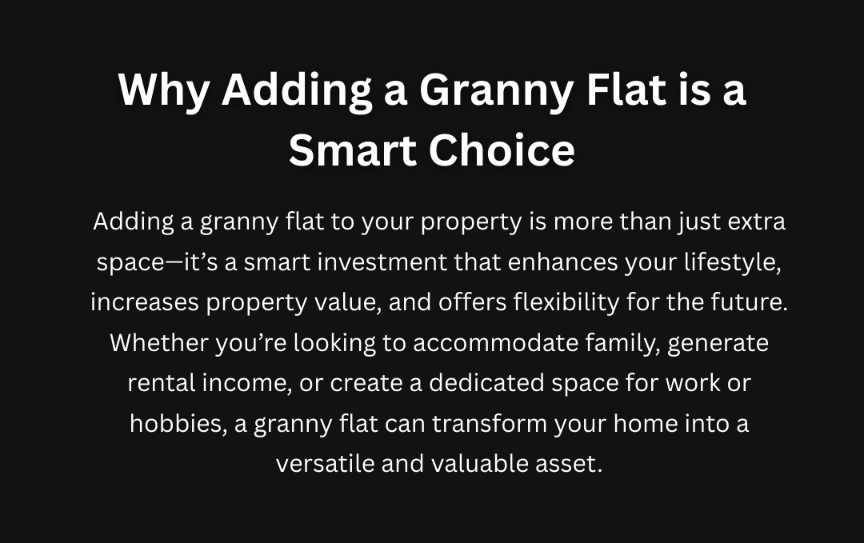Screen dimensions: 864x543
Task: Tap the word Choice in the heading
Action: (502, 150)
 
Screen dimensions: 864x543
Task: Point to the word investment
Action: (382, 262)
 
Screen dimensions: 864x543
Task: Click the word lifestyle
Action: (733, 262)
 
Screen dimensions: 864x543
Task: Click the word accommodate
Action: (496, 342)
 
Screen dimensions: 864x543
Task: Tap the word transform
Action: (490, 424)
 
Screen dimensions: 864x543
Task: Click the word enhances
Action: (562, 262)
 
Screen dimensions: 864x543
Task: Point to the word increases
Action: (145, 302)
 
